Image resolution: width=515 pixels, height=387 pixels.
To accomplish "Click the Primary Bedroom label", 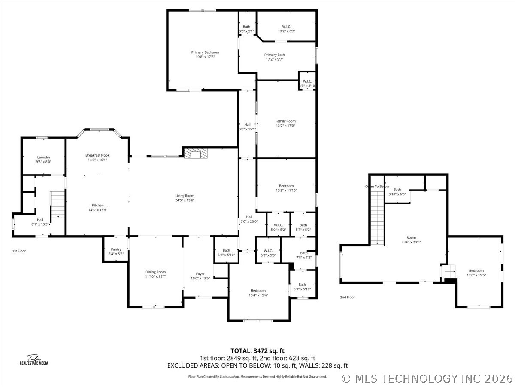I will click(x=205, y=52).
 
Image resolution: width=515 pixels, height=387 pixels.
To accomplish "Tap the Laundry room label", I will click(x=44, y=157).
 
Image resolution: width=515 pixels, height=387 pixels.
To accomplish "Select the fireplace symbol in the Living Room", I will click(x=196, y=153).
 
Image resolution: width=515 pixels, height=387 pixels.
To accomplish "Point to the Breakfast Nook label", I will click(x=97, y=155).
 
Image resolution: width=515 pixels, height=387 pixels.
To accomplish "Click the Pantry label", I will click(x=116, y=249).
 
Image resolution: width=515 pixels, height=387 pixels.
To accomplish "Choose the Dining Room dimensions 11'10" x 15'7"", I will click(x=155, y=276).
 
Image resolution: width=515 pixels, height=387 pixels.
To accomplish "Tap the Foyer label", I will click(x=200, y=274).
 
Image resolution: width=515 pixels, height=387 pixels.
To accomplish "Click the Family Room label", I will click(x=285, y=121).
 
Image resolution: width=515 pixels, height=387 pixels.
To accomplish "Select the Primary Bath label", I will click(x=274, y=55).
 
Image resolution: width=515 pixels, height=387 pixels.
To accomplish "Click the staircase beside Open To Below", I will click(x=377, y=217).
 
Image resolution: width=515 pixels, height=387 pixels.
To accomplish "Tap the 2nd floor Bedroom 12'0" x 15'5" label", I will click(x=476, y=271).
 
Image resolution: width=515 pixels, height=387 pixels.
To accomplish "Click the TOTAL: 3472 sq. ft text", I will click(x=257, y=351).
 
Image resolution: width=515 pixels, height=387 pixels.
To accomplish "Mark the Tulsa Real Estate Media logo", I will click(x=34, y=360).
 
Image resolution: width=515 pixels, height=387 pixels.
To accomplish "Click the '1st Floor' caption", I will click(x=19, y=251).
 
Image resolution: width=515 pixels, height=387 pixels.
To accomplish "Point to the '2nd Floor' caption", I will click(x=348, y=297).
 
